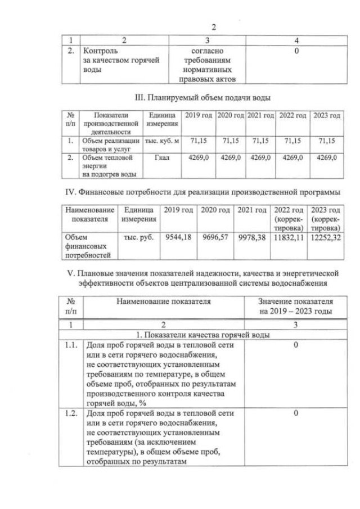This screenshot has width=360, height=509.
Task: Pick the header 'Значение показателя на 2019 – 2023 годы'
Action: [295, 306]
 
